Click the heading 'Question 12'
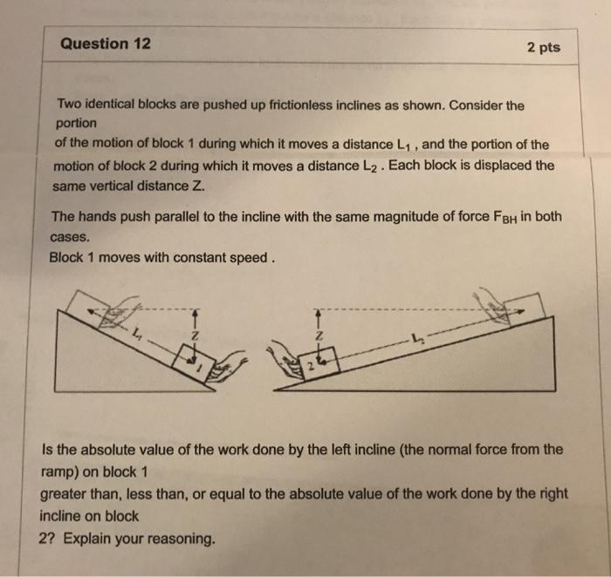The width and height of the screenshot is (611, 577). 106,44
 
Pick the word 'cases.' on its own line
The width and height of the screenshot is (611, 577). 70,237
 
